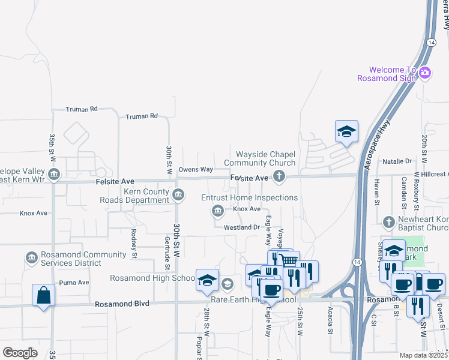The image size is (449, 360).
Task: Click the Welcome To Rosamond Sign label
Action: pos(387,74)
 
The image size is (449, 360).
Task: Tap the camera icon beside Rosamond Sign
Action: pos(425,73)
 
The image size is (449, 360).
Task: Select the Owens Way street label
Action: pos(196,170)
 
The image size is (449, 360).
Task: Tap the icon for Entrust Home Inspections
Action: pos(217,210)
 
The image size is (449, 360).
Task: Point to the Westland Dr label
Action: pos(241,227)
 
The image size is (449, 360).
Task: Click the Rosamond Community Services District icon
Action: pos(31,258)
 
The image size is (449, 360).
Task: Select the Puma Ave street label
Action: pos(74,282)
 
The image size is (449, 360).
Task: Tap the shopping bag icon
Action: pos(43,295)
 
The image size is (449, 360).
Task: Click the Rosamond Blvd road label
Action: pos(122,304)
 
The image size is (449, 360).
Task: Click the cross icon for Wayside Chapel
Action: pos(279,176)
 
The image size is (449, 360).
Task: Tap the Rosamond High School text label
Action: pos(152,278)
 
